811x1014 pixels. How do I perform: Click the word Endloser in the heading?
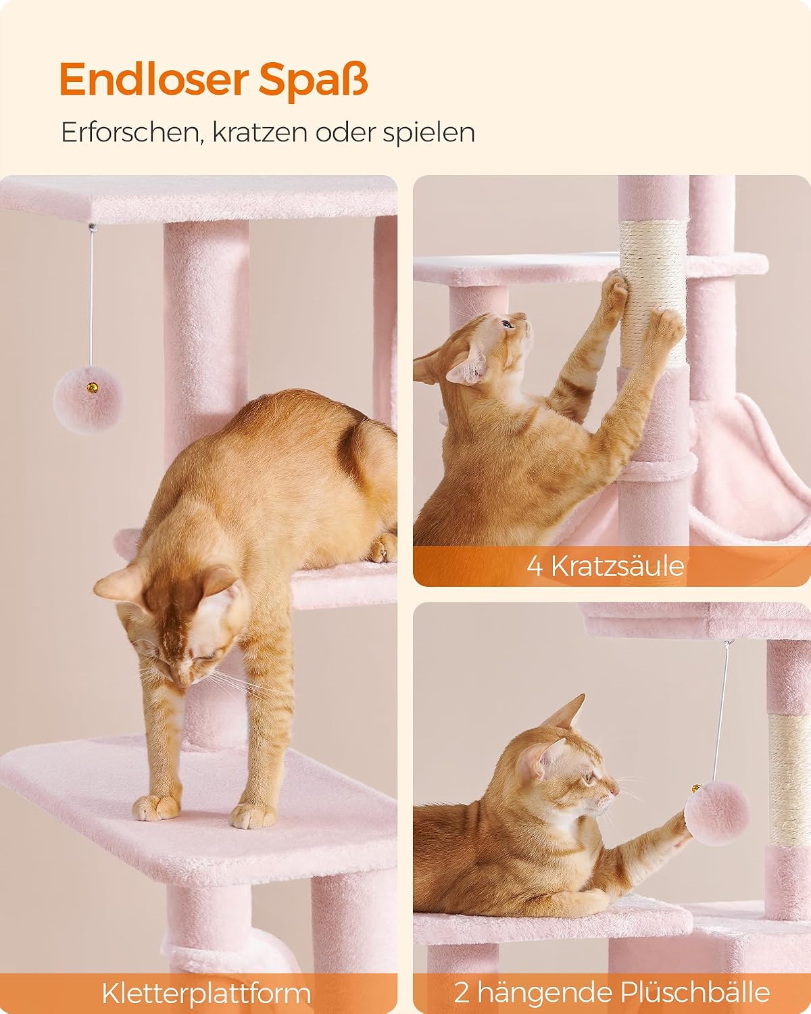(153, 80)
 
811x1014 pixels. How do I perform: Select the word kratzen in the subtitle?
(260, 132)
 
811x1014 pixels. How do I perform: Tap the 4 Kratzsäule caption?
(605, 565)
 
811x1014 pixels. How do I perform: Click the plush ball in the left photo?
(88, 400)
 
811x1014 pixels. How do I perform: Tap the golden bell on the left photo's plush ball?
(93, 388)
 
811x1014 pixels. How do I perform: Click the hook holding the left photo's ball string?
(91, 227)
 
